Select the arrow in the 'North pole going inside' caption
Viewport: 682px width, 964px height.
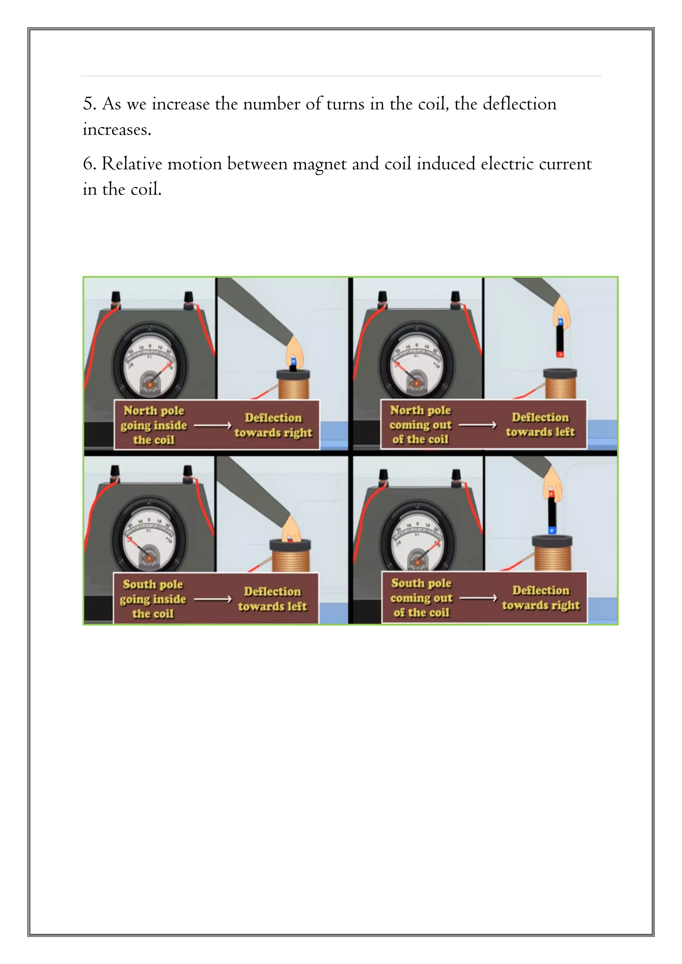212,425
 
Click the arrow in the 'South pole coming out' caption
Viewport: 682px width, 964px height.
478,598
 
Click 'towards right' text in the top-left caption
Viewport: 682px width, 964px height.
273,432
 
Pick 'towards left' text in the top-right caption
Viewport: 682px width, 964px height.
540,432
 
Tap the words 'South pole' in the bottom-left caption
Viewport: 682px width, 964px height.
153,585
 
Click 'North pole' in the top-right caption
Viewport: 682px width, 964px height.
420,410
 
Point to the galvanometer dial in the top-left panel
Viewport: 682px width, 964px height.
150,364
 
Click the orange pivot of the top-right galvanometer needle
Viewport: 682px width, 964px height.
416,383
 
